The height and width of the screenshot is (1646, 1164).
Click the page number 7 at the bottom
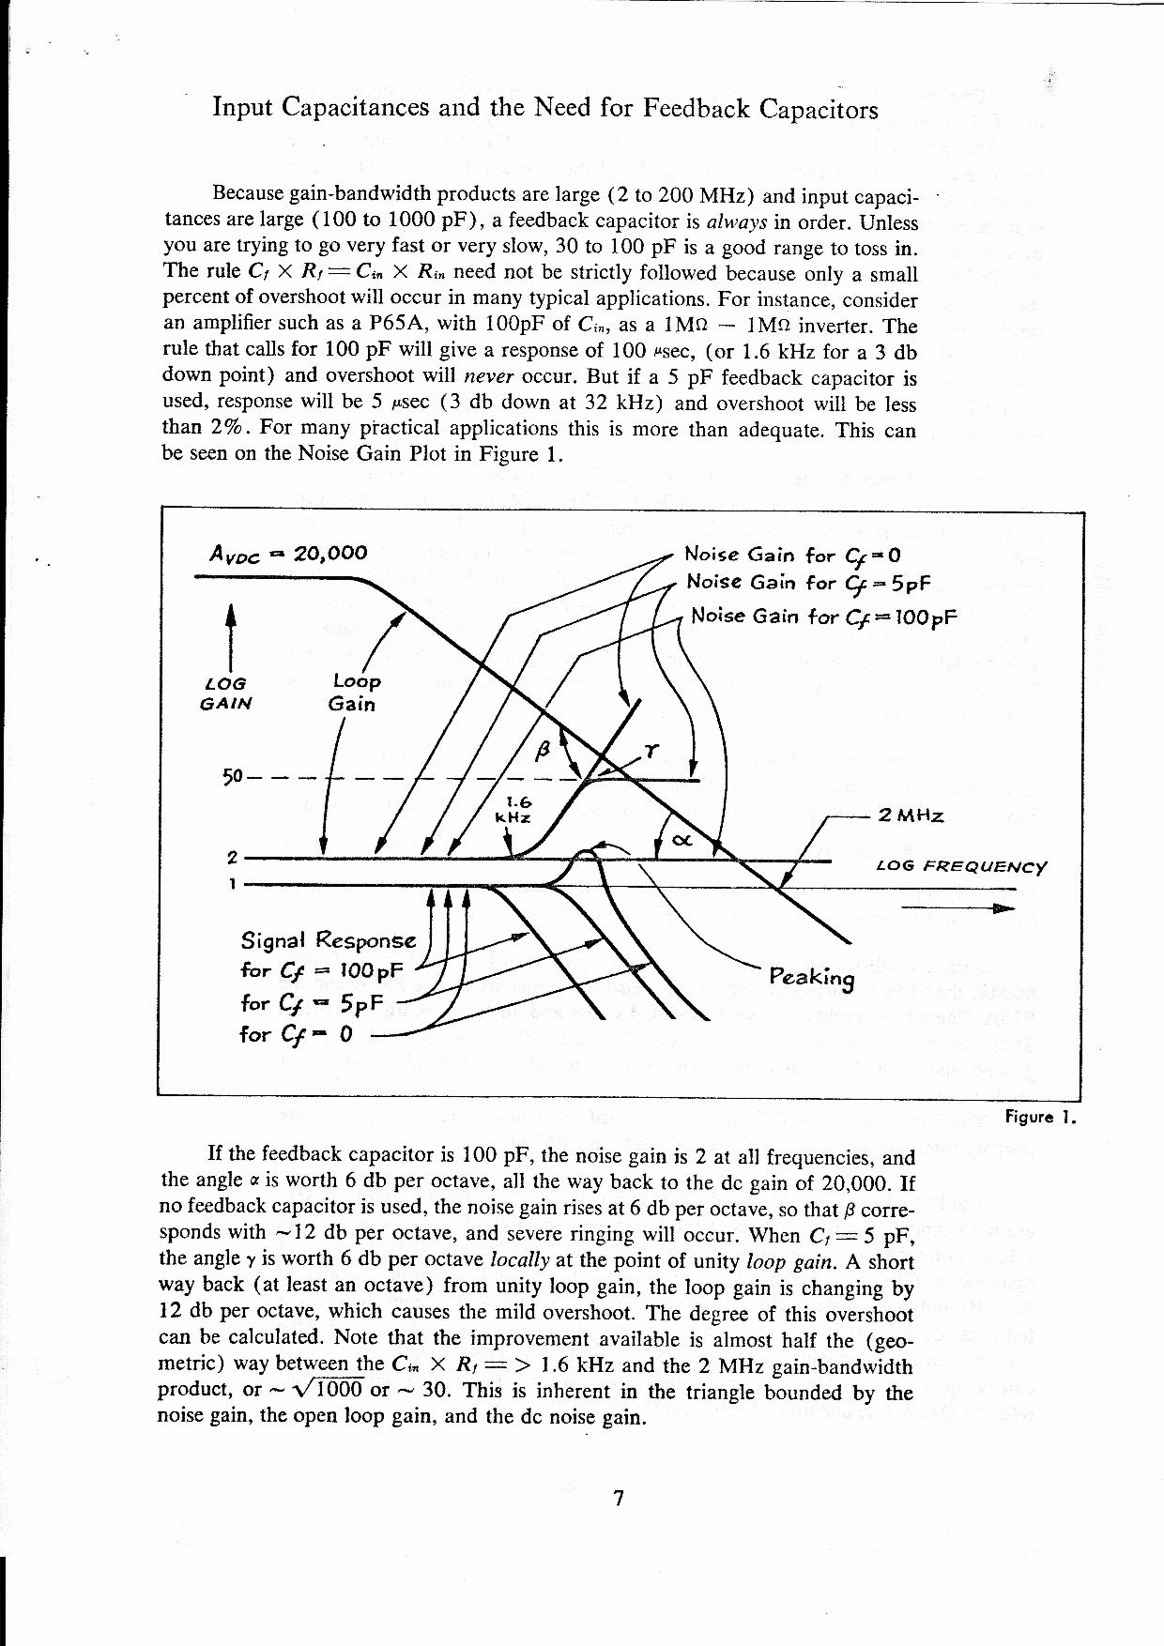pos(618,1499)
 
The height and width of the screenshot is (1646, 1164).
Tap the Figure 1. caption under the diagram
pos(1039,1117)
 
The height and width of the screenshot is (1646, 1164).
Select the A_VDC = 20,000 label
pos(287,554)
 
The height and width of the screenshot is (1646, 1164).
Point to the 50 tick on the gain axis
pos(232,777)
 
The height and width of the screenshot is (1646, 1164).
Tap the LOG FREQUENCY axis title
pos(960,866)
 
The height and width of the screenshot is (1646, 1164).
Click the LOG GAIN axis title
pos(225,693)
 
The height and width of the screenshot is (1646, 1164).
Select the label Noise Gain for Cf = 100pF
pos(823,617)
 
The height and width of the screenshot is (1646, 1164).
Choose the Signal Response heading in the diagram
pos(328,940)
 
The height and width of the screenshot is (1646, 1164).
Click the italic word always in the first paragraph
pos(737,222)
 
